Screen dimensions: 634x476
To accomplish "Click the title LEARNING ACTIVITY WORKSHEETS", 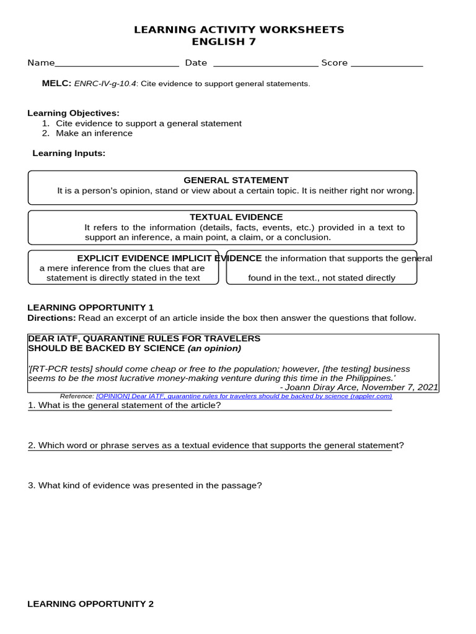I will tap(239, 30).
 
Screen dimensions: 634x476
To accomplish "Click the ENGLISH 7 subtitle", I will tap(224, 42).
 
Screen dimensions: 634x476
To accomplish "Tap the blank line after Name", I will tap(117, 63).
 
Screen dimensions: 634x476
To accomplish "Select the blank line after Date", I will tap(265, 63).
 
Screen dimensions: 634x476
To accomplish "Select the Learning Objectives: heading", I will tap(73, 113).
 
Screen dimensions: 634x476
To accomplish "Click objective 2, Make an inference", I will tap(94, 133).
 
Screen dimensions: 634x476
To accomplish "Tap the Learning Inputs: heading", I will tap(69, 154).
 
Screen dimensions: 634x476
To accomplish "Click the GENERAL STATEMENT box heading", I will tap(236, 180).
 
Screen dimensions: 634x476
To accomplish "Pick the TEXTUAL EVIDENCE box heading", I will tap(236, 217).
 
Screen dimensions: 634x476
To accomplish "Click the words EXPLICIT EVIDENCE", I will tap(123, 258).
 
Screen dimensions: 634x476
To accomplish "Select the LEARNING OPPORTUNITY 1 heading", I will tap(90, 307).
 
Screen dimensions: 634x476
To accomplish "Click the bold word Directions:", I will tap(51, 318).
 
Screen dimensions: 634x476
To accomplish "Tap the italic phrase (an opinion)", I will tap(214, 348).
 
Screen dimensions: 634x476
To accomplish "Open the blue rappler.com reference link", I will tap(244, 396).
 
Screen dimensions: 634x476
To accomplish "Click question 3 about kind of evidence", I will tap(144, 485).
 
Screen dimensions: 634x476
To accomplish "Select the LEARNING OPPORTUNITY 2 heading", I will tap(90, 604).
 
